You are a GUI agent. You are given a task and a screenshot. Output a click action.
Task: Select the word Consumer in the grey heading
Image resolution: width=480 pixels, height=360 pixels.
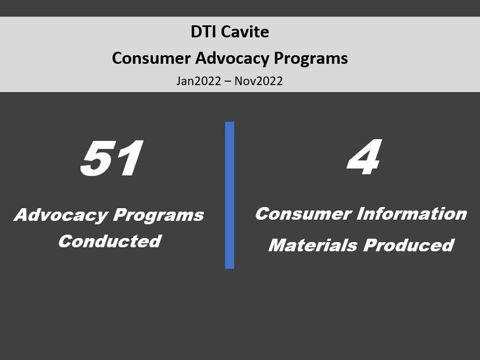tap(151, 58)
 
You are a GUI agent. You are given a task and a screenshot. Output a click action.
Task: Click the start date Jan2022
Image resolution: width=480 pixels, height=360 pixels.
tap(198, 82)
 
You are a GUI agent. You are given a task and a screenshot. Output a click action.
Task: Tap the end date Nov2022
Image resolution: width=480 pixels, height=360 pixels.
tap(259, 82)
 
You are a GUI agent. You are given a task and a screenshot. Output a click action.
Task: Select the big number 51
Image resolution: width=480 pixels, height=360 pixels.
tap(112, 158)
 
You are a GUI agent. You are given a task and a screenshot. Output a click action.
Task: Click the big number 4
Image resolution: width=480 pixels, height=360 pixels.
tap(364, 157)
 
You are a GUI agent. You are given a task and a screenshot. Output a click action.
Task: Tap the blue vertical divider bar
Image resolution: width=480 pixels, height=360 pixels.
tap(229, 196)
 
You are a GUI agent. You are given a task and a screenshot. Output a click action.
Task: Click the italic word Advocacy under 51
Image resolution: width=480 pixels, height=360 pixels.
tap(62, 215)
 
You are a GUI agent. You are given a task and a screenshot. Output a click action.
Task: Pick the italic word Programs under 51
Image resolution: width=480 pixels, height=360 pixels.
tap(159, 216)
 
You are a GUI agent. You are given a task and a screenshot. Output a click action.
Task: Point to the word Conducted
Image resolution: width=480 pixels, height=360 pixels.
tap(110, 241)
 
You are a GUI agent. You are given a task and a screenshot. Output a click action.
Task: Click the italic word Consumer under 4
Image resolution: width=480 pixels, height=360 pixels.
tap(304, 214)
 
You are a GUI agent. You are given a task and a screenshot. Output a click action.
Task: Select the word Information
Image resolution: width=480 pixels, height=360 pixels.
tap(412, 214)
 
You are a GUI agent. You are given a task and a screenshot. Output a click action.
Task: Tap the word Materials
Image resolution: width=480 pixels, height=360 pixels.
tap(313, 245)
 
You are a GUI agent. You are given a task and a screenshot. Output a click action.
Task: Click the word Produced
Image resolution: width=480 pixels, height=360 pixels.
tap(409, 245)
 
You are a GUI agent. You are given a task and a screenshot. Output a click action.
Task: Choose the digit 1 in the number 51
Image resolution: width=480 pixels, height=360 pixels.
tap(130, 158)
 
